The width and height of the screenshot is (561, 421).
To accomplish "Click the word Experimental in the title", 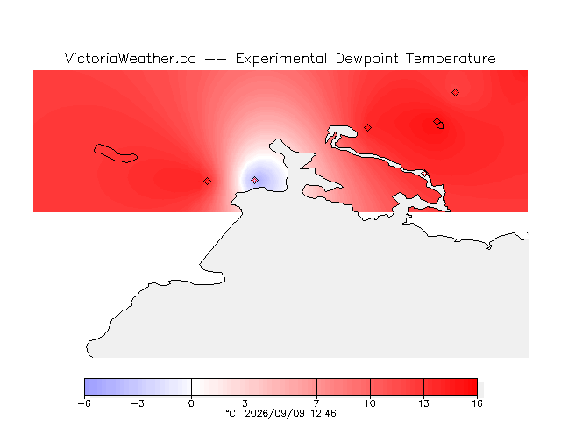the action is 280,59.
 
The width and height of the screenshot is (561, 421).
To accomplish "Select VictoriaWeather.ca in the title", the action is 131,58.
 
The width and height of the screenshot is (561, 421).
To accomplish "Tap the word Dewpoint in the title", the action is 366,59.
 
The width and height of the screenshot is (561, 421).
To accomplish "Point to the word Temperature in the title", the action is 451,59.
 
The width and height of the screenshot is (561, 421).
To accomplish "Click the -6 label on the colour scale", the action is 84,403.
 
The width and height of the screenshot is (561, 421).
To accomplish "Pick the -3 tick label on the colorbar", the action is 138,403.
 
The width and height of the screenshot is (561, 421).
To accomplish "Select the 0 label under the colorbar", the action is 191,403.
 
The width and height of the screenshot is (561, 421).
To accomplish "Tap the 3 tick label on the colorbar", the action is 245,403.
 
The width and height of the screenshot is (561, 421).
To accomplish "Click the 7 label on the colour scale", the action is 316,403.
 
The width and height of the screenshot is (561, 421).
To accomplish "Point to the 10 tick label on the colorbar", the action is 370,403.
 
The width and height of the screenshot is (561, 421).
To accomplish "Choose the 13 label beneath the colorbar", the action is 423,403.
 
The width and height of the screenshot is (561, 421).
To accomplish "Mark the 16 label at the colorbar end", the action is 477,403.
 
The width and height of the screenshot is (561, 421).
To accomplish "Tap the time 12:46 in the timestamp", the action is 323,414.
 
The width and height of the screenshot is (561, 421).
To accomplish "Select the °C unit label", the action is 231,413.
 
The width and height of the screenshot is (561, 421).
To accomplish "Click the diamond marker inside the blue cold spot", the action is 254,180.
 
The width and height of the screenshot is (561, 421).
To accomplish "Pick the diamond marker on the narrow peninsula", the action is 424,174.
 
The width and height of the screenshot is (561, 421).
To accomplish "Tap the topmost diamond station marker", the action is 455,93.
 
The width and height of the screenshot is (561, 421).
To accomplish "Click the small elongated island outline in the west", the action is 115,154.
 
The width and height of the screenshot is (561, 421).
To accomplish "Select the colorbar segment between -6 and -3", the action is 111,387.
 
